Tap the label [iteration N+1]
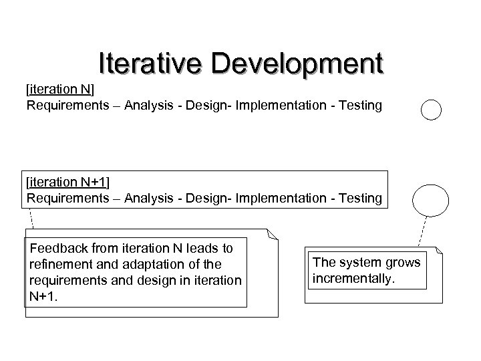tap(68, 182)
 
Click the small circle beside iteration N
tap(432, 109)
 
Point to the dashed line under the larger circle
tap(422, 231)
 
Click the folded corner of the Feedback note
tap(271, 233)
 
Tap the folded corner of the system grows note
tap(439, 251)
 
